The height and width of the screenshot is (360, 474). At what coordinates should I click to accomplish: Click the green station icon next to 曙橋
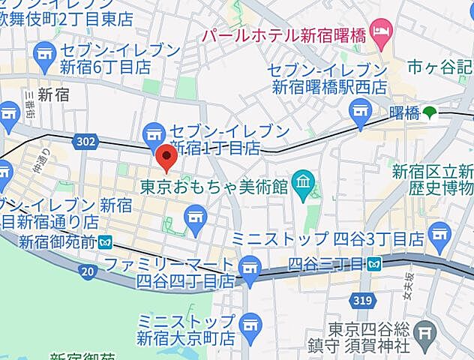(429, 113)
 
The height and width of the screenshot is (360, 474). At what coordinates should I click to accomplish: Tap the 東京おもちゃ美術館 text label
(214, 185)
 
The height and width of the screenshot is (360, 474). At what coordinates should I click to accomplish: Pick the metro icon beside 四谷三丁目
(373, 263)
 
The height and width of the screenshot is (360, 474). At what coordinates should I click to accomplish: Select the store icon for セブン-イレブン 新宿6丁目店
(45, 54)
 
